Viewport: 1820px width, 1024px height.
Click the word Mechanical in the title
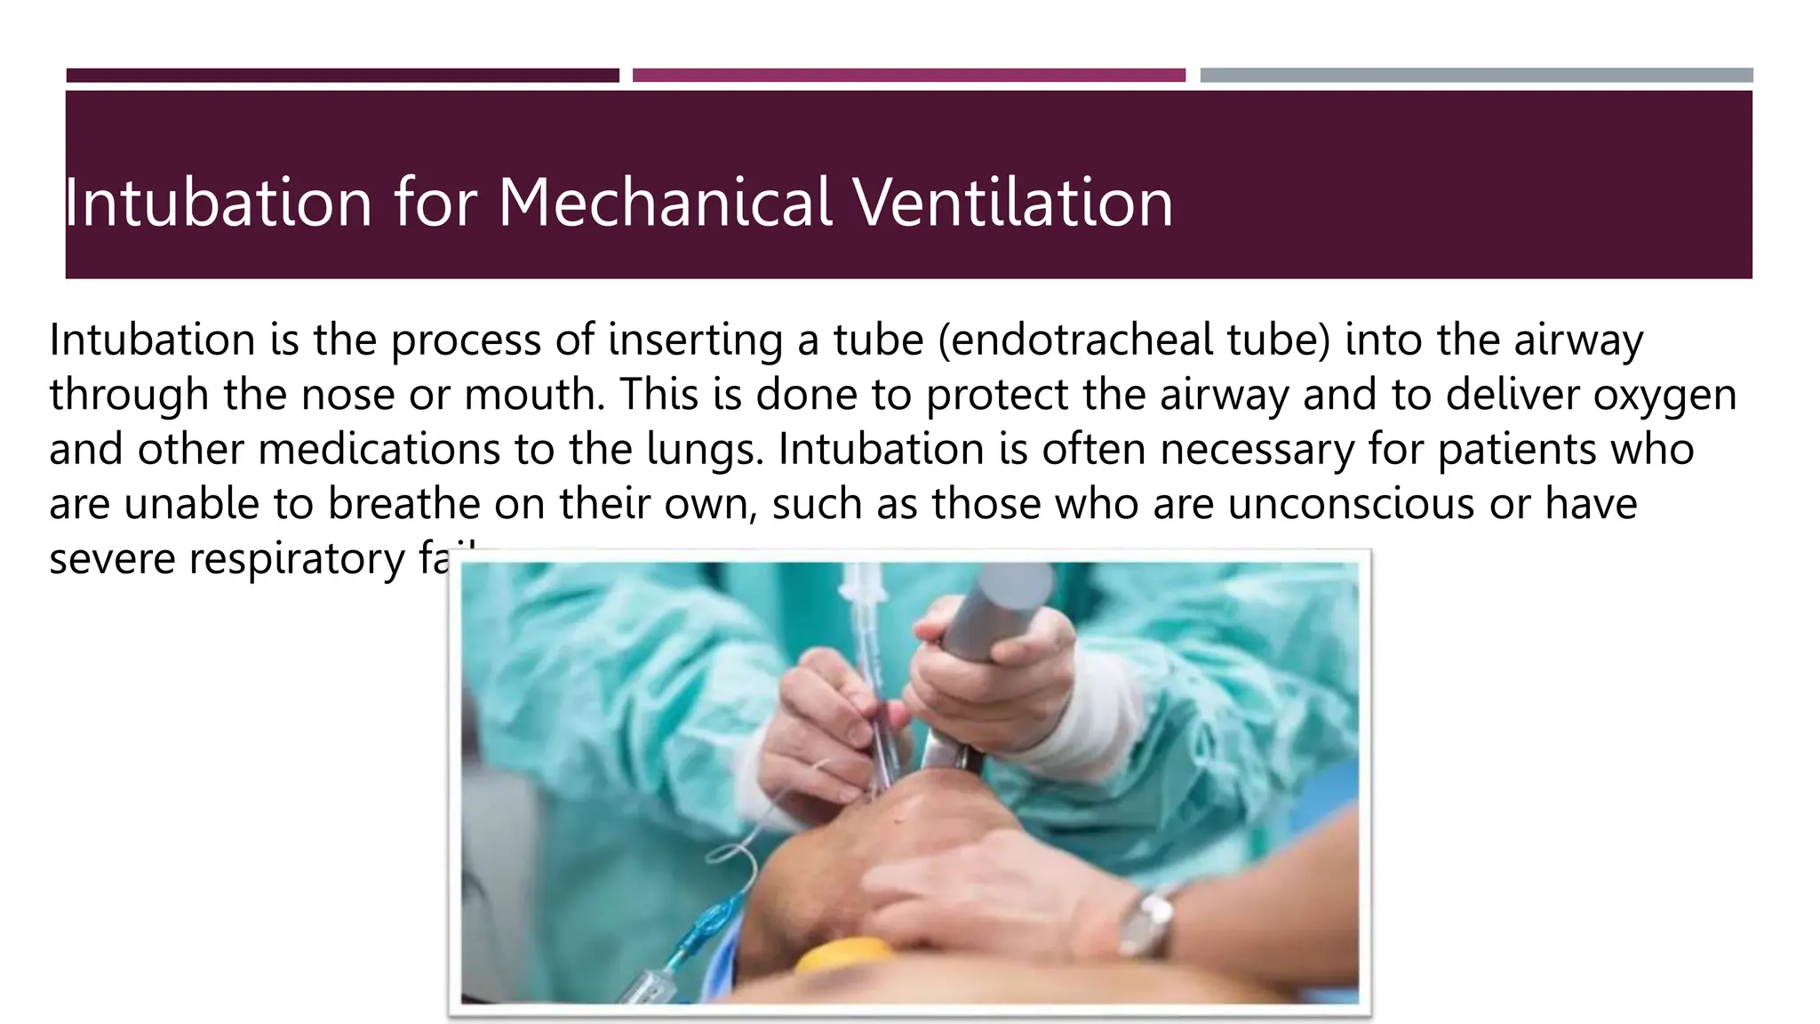[665, 203]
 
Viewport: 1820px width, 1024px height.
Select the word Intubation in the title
[218, 203]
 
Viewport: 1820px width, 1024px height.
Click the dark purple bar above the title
[342, 76]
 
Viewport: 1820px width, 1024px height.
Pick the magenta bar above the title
[908, 76]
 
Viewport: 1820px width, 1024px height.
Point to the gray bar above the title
[1476, 76]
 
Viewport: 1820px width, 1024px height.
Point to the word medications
[379, 449]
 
